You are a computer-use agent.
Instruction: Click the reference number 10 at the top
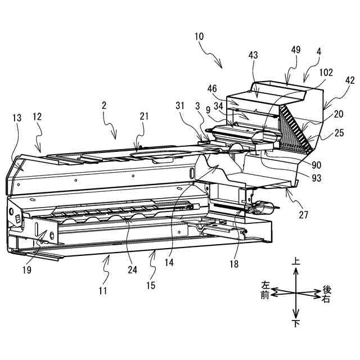tap(199, 37)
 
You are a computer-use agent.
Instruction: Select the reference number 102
tap(326, 73)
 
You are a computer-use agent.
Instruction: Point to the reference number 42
tap(350, 80)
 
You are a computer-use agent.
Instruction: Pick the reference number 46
tap(229, 89)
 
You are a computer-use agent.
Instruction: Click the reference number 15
tap(150, 285)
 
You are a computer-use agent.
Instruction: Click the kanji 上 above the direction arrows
tap(295, 262)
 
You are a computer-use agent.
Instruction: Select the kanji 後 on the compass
tap(327, 289)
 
